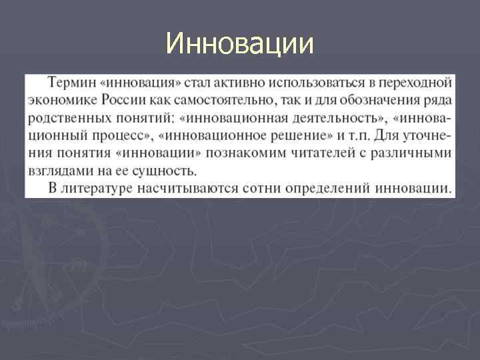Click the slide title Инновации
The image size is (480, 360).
[x=239, y=45]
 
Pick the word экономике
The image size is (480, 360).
[x=62, y=100]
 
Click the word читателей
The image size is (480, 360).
[x=325, y=153]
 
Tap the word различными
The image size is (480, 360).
[x=414, y=153]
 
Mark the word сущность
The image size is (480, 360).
[x=163, y=170]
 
